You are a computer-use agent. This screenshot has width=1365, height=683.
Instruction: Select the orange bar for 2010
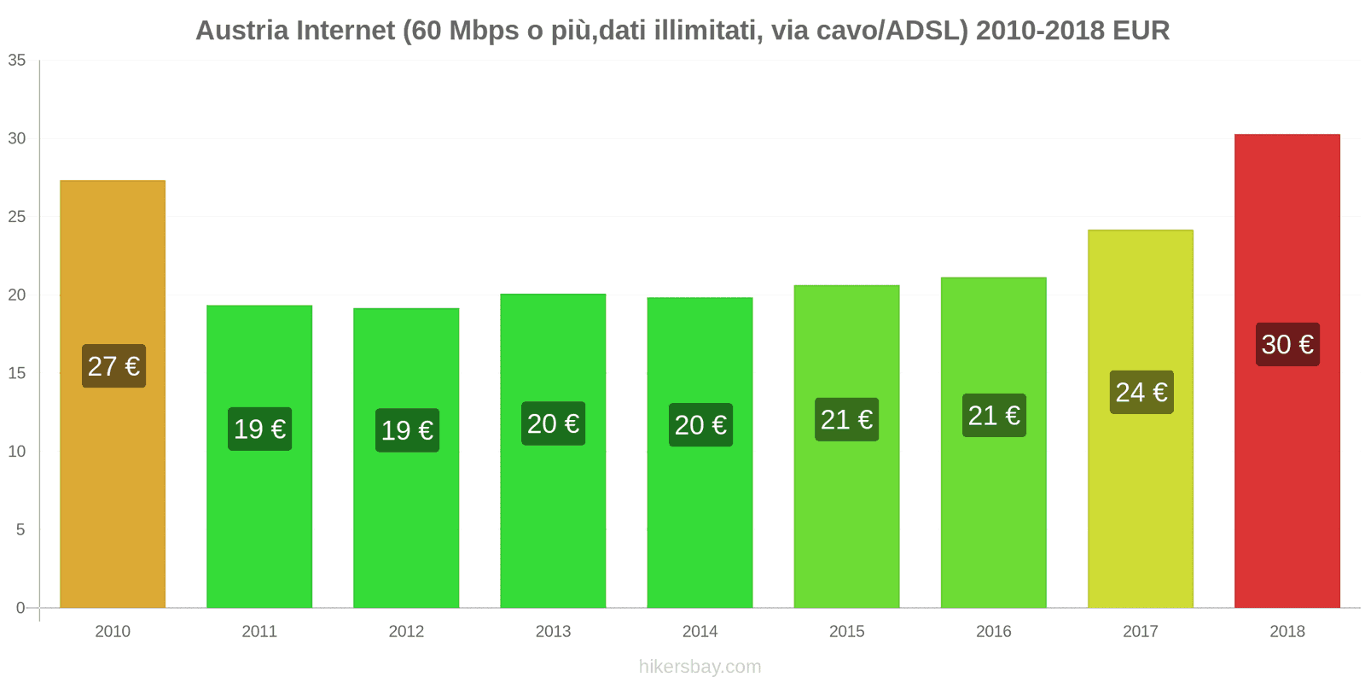[113, 495]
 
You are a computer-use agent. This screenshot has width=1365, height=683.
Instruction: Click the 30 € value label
[1287, 344]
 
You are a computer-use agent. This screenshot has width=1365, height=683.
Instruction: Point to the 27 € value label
[113, 366]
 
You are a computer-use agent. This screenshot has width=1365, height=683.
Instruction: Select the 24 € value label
[1141, 392]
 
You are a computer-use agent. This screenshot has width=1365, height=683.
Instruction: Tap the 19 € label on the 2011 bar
[260, 429]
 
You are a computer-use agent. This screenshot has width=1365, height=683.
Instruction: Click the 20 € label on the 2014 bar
[700, 425]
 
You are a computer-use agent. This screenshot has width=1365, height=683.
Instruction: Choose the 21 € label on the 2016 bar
[994, 416]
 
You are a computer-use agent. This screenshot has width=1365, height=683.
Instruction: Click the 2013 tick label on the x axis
[553, 631]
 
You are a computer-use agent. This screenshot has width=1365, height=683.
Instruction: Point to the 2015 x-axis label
[846, 631]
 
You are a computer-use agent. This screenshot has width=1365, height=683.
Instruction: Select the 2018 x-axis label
[1287, 631]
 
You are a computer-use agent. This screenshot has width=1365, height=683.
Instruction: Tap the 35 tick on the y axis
[17, 61]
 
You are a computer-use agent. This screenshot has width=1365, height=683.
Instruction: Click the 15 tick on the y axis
[17, 373]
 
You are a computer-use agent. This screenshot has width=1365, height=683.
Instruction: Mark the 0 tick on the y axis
[20, 608]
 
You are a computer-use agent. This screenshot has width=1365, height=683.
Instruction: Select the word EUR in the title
[1141, 31]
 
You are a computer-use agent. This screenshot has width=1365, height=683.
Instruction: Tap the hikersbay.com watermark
[700, 667]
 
